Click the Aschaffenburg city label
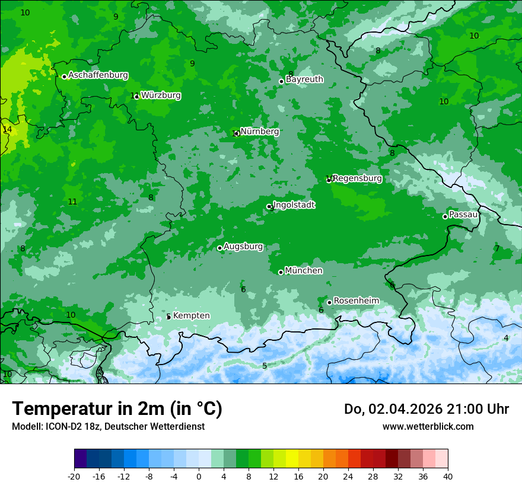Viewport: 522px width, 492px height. (x=98, y=75)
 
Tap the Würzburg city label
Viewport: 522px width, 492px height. (x=161, y=95)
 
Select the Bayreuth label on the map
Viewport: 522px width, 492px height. (x=304, y=79)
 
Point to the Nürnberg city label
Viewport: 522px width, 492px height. (x=259, y=132)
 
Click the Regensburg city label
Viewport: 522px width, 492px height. (x=357, y=178)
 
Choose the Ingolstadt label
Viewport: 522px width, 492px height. (x=294, y=205)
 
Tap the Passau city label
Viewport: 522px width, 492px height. (x=463, y=215)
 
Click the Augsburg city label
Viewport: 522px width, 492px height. (x=243, y=247)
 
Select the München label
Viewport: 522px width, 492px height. (x=304, y=271)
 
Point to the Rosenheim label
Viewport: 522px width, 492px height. (x=356, y=301)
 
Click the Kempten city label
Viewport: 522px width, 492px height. (x=191, y=316)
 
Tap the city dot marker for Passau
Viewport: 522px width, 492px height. (x=445, y=216)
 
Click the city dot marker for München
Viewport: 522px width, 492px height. (x=281, y=272)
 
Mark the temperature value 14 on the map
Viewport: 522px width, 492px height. (x=7, y=129)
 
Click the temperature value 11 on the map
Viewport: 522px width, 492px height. (x=72, y=202)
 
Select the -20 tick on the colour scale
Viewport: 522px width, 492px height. (x=74, y=477)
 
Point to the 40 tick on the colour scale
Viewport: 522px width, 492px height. (x=447, y=477)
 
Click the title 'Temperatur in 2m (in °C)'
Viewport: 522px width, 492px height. (x=117, y=409)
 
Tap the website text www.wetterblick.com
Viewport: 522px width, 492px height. (x=428, y=427)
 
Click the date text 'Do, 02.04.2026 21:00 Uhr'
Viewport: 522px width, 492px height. (x=426, y=409)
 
